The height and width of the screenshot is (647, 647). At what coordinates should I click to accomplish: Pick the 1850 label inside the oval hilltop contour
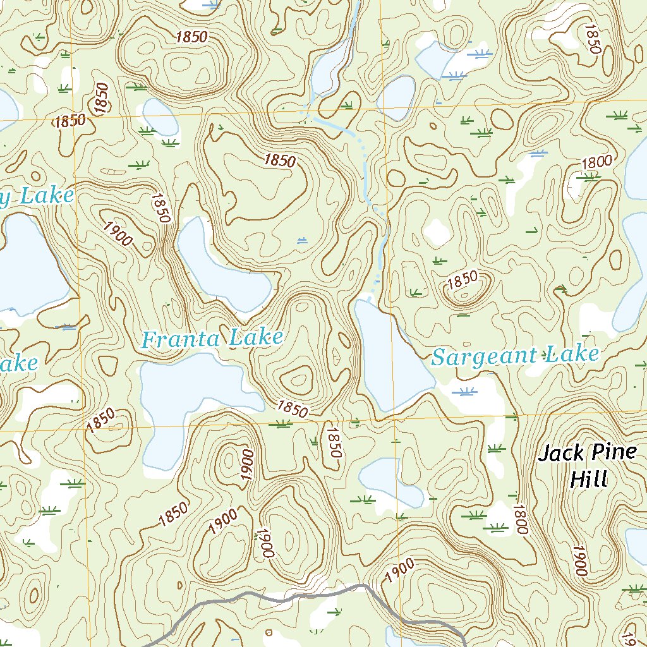463,281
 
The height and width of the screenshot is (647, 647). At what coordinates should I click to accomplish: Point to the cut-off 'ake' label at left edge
19,365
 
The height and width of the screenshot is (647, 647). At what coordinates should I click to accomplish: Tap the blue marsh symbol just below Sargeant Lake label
468,392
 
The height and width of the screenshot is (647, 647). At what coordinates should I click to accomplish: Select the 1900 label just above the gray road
399,571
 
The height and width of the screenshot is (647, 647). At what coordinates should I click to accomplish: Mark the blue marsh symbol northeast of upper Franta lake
301,240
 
